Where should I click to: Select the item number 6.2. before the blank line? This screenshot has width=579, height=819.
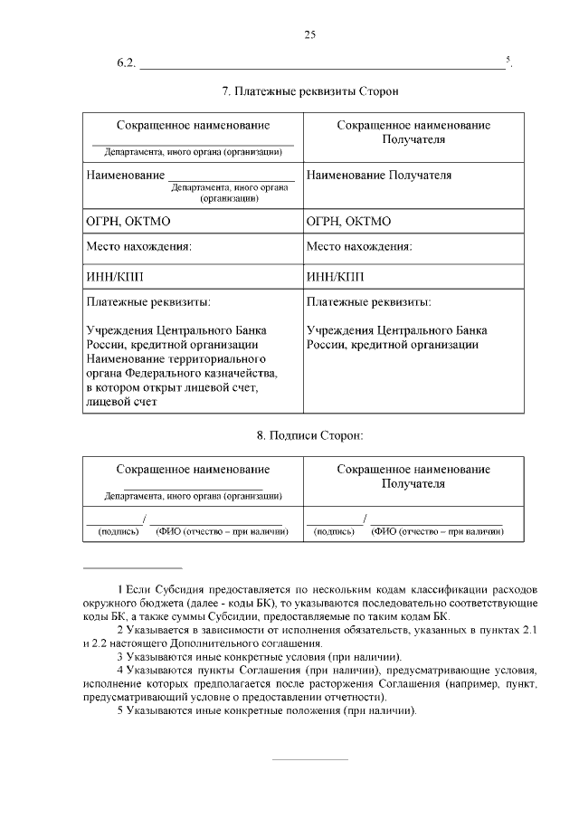[126, 62]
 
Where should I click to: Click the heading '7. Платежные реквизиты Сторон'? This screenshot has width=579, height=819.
[310, 92]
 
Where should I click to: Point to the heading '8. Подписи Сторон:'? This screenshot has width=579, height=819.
[309, 436]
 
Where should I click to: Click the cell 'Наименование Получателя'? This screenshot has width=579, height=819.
[379, 176]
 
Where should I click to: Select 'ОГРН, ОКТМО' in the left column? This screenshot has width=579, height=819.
[128, 221]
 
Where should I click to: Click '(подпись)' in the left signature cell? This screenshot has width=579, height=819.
[119, 531]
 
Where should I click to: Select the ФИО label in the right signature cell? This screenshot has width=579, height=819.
[437, 531]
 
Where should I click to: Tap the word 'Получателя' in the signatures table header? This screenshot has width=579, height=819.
[413, 484]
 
